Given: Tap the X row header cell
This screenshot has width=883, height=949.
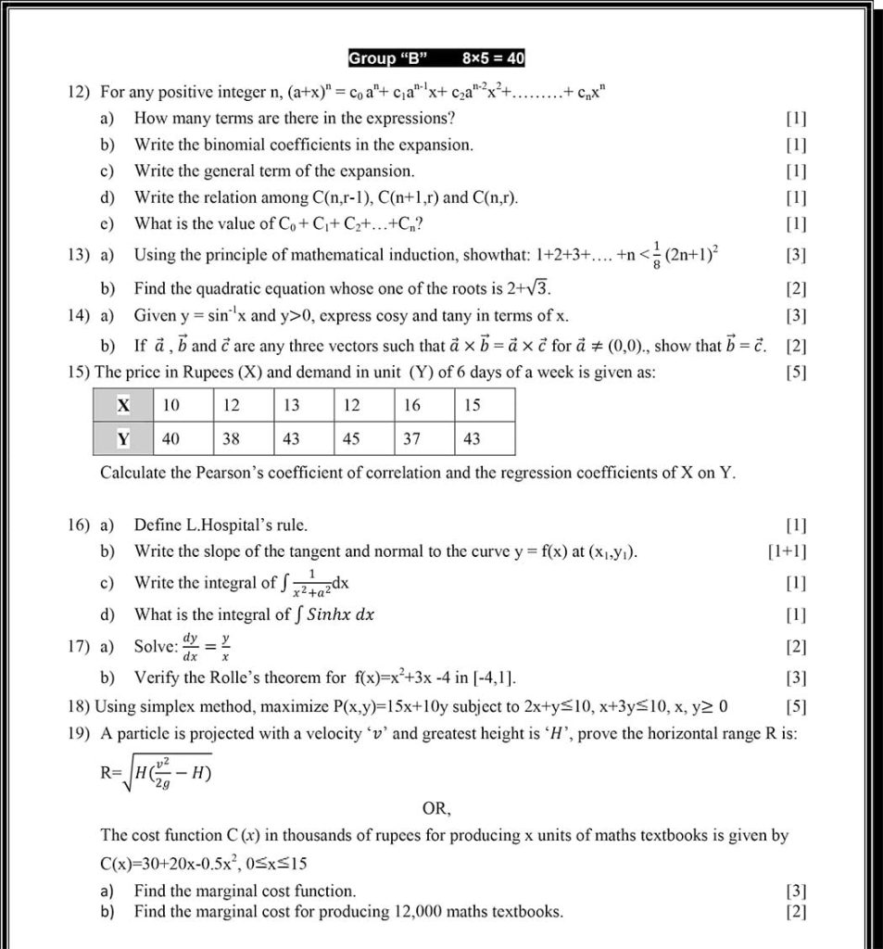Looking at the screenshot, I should click(x=123, y=405).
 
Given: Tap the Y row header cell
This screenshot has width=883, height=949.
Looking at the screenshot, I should click(x=123, y=438).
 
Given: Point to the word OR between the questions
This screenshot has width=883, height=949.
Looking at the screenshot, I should click(x=436, y=809).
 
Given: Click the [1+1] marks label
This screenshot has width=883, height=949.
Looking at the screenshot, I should click(x=787, y=551).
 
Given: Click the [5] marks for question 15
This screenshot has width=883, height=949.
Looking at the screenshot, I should click(x=795, y=373).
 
